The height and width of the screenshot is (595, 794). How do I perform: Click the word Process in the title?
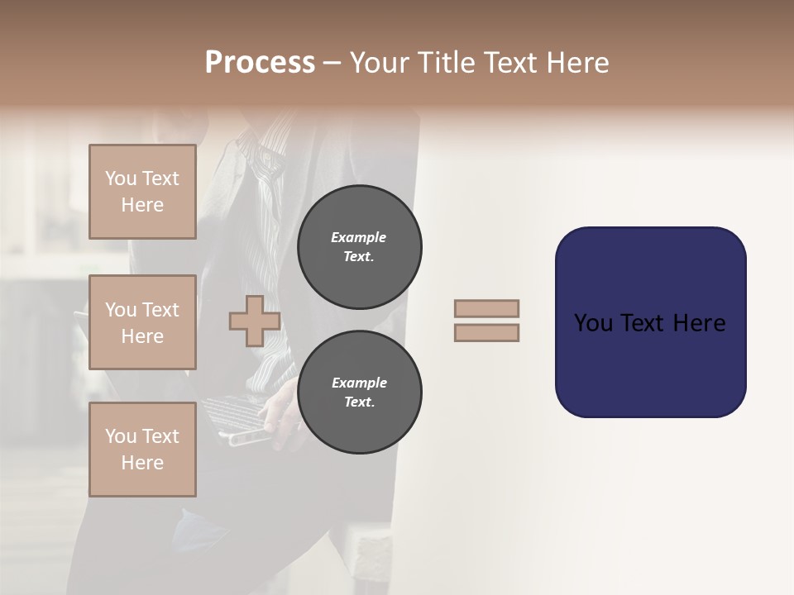(260, 63)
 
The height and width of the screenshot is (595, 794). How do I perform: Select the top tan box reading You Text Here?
(142, 192)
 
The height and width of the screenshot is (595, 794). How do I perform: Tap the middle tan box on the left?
(142, 322)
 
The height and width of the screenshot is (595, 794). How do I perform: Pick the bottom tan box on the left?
(142, 449)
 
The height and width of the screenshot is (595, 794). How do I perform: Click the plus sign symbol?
(255, 321)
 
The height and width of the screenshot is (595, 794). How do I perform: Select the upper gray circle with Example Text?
(359, 246)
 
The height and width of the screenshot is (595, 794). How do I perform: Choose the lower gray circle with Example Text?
(359, 392)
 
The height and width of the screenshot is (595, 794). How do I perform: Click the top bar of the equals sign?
(486, 309)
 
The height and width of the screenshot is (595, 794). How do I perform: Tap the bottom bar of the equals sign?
(486, 332)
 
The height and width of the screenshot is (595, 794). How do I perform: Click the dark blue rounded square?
(650, 321)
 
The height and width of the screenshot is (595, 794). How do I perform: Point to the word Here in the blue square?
(699, 323)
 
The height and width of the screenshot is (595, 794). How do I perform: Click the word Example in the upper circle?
(359, 237)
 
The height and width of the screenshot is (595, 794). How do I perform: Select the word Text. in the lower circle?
(359, 402)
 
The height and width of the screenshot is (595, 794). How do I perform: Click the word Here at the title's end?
(576, 63)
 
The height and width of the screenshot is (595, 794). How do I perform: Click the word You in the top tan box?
(120, 178)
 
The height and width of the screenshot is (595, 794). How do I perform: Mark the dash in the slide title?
(332, 63)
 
